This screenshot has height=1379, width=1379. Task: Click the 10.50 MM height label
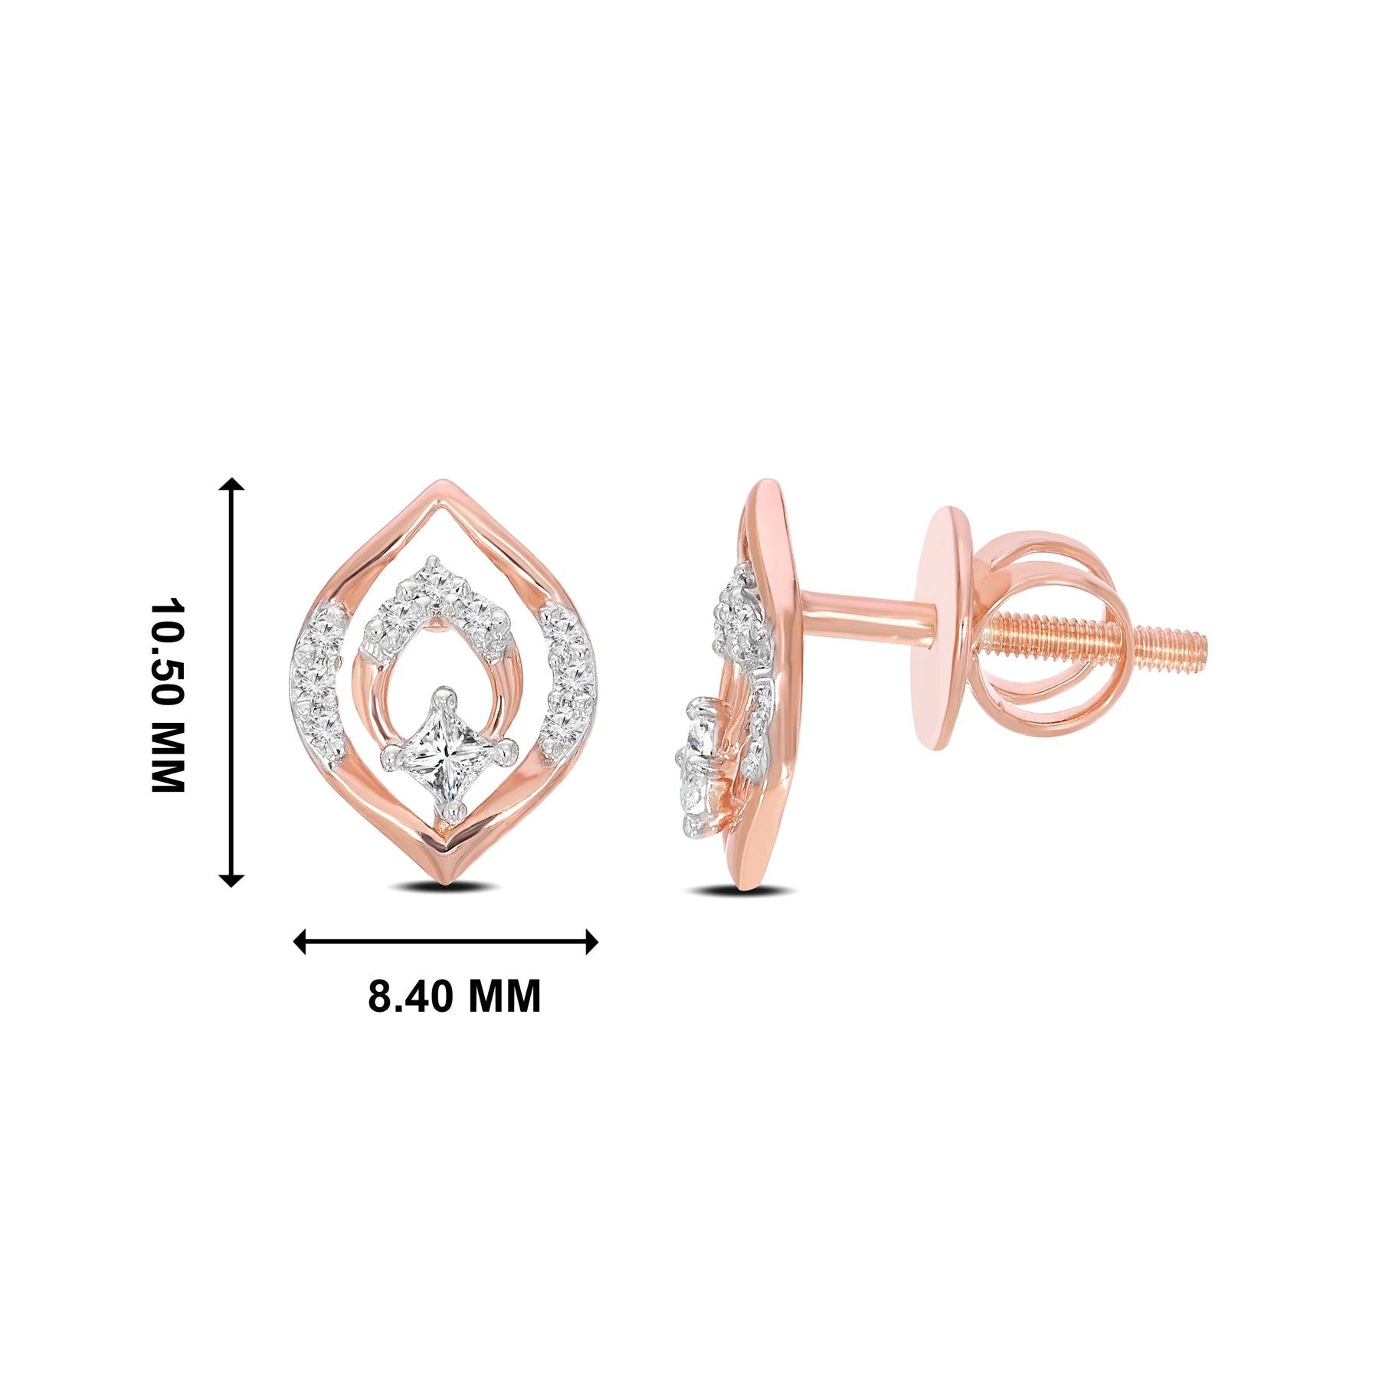click(168, 694)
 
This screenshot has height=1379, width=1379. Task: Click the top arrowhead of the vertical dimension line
click(231, 484)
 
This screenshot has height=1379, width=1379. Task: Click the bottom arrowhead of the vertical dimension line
click(231, 880)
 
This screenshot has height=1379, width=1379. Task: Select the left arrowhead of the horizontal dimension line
click(300, 941)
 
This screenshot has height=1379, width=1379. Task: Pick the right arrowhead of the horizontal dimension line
click(591, 941)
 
